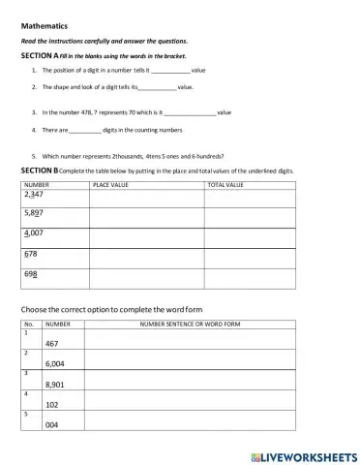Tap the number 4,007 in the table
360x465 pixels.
click(x=34, y=233)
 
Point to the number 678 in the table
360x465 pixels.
click(x=31, y=254)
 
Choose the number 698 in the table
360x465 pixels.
click(x=31, y=274)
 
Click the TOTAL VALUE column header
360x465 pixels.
click(x=225, y=183)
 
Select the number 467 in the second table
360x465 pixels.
click(x=53, y=343)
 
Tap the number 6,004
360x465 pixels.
click(x=55, y=363)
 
